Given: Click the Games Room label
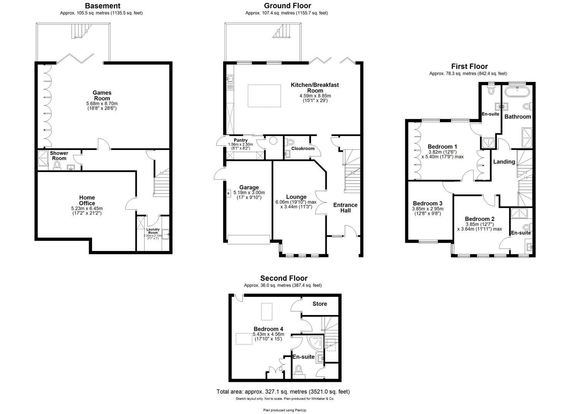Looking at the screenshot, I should tap(102, 95).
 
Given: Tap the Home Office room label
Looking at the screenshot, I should tap(87, 200).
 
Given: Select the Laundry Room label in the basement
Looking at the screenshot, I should tap(153, 231).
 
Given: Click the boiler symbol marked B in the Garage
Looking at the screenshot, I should tap(229, 194).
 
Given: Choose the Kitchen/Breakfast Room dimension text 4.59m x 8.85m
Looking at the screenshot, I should tap(315, 96).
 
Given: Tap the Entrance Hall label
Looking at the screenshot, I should tap(345, 207).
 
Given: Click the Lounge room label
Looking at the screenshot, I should tap(296, 197).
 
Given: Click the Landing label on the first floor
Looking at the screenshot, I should tap(504, 162).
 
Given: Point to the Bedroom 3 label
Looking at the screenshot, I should tap(427, 203).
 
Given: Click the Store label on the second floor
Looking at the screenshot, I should tap(319, 304).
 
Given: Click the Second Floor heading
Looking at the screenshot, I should tap(284, 278).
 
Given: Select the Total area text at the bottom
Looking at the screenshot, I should tap(283, 392).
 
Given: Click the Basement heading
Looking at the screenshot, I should tap(102, 6).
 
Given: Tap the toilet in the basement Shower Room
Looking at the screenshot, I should tap(57, 165).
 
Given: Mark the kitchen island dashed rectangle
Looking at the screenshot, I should tap(261, 93).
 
